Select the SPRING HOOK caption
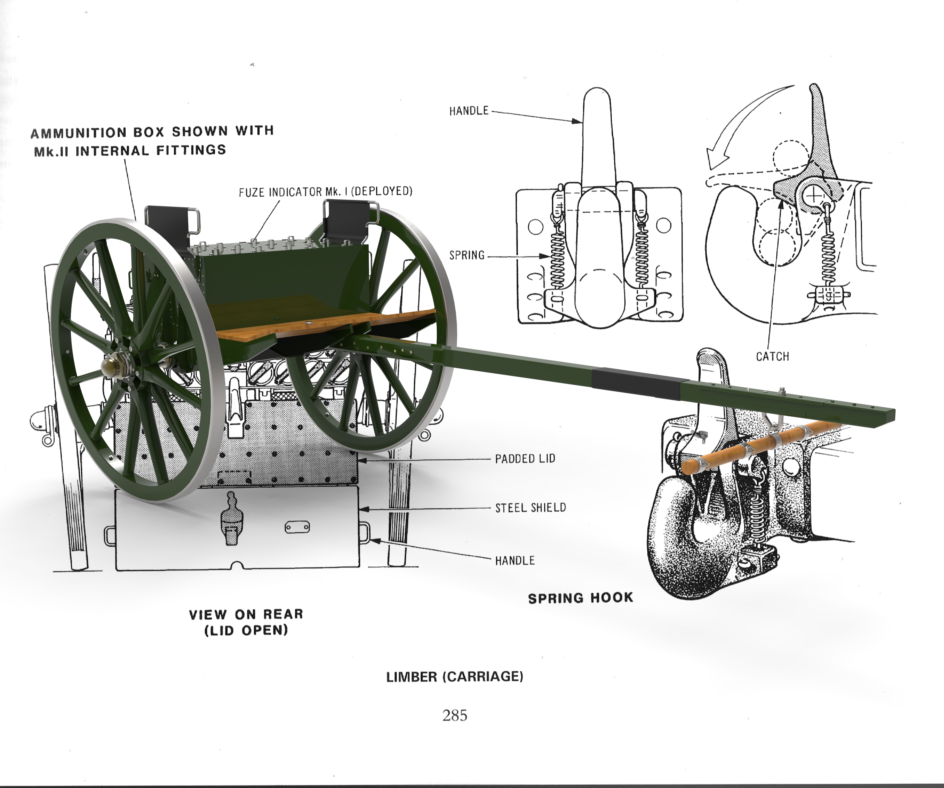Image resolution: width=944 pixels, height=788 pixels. pyautogui.click(x=580, y=598)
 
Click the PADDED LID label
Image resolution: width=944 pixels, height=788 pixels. pyautogui.click(x=525, y=459)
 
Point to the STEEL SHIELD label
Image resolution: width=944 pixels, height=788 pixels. pyautogui.click(x=531, y=508)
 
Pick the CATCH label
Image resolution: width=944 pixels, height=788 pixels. pyautogui.click(x=772, y=356)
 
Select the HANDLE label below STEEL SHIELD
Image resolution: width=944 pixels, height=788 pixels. pyautogui.click(x=515, y=561)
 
